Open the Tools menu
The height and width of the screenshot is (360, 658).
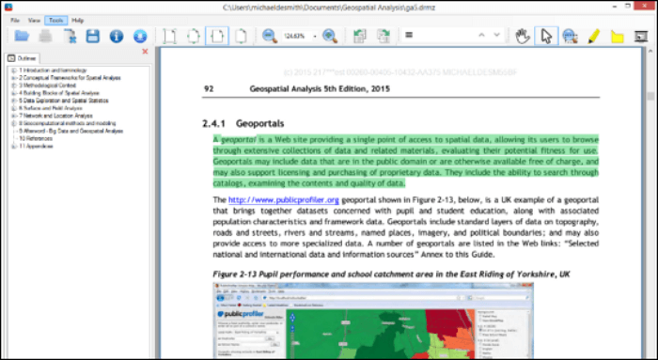tap(55, 19)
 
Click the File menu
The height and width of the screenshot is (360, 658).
tap(15, 19)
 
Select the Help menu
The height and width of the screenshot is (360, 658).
tap(77, 19)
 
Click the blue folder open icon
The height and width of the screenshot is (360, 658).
tap(22, 37)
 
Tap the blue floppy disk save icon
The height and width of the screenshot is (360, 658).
tap(93, 37)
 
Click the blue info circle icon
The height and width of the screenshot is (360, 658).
tap(117, 37)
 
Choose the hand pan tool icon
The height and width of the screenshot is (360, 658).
tap(524, 37)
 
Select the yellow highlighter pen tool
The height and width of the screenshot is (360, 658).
tap(593, 37)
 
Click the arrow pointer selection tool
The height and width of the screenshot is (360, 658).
tap(546, 37)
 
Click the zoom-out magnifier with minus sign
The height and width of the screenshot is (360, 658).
tap(270, 37)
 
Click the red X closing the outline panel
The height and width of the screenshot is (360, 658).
tap(145, 52)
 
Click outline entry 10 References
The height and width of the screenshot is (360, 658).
tap(34, 138)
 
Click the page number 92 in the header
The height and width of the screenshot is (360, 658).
tap(210, 89)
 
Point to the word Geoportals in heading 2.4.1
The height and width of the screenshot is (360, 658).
tap(267, 123)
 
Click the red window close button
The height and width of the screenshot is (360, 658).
tap(643, 7)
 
